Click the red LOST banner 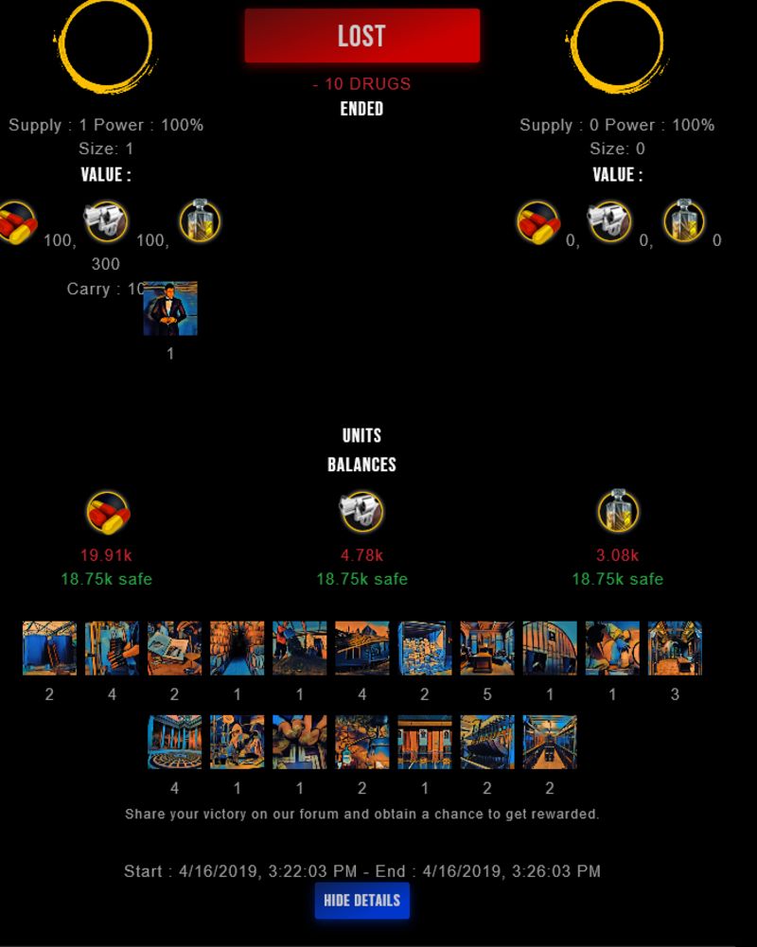[361, 36]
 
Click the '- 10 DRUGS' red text [361, 83]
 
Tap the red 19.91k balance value [105, 555]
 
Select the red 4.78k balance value [361, 555]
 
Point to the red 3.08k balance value [617, 555]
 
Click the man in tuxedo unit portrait [170, 308]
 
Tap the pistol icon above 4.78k [361, 512]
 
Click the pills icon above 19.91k [107, 512]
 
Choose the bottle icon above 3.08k [618, 512]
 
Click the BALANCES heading [361, 465]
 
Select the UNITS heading [361, 435]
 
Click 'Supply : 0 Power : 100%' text [616, 125]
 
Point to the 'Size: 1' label [106, 149]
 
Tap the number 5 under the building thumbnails [487, 694]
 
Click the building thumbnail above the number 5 [487, 648]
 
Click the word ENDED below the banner [361, 109]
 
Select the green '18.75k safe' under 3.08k [617, 579]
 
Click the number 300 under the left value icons [106, 264]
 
